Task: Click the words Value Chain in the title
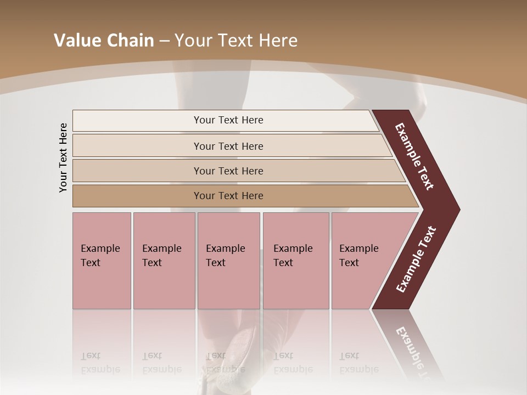[104, 41]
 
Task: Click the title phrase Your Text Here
[236, 41]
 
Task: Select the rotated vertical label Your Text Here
[64, 157]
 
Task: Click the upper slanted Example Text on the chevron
[414, 156]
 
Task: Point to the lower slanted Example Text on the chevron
[416, 259]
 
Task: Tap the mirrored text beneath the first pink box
[100, 363]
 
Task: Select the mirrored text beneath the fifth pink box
[358, 363]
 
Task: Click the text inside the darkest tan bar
[228, 196]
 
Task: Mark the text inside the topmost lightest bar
[228, 120]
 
